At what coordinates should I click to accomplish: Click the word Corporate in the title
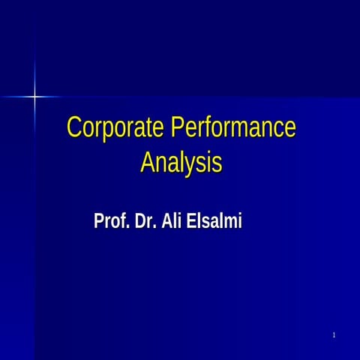(115, 127)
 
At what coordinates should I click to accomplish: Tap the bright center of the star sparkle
(34, 96)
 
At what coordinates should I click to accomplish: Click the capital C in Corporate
(73, 127)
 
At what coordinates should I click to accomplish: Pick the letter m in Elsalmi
(225, 223)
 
